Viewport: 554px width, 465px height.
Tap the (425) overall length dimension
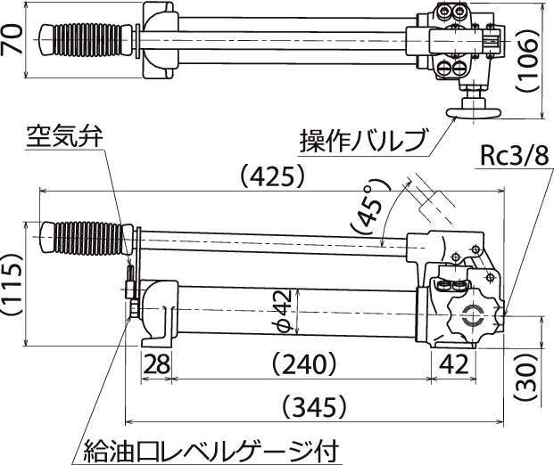274,177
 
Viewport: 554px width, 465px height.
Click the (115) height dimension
12,285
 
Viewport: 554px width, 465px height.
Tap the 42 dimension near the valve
454,363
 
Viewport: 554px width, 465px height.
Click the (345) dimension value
319,408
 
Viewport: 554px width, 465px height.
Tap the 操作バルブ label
361,140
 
